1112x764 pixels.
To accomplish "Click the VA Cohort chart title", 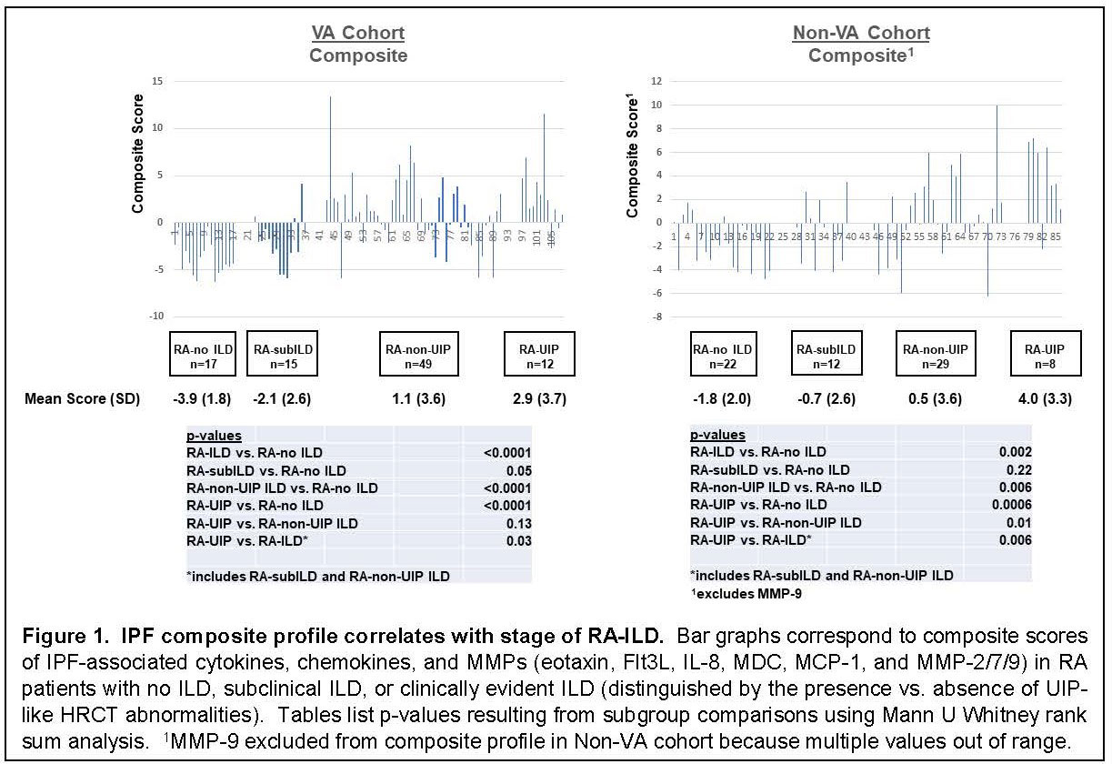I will (x=357, y=34).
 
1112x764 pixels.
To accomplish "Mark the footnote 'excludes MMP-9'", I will (x=739, y=593).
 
